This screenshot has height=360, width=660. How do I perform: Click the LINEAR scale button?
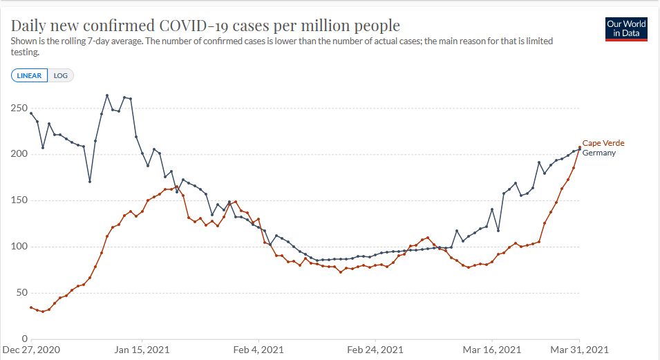tap(29, 76)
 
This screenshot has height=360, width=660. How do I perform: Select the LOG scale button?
tap(61, 76)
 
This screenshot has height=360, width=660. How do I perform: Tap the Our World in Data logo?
tap(626, 28)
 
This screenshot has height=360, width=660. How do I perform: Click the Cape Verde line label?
tap(603, 143)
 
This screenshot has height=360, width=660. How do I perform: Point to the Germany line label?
tap(599, 153)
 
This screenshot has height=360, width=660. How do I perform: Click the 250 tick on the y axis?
tap(19, 109)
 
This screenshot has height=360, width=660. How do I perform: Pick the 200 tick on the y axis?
tap(19, 154)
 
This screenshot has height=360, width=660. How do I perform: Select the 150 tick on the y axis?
tap(19, 200)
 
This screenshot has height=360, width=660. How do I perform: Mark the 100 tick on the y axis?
tap(19, 247)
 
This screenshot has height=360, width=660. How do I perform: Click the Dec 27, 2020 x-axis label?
tap(31, 350)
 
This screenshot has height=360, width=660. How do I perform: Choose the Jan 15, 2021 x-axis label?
tap(142, 350)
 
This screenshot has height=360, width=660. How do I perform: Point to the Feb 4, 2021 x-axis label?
tap(259, 350)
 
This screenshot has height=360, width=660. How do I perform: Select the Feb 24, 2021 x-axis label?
tap(376, 350)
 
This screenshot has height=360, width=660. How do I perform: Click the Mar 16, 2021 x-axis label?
tap(492, 350)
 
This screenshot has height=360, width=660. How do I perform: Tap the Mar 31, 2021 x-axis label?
tap(580, 350)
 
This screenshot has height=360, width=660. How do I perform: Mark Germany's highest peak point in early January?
tap(107, 95)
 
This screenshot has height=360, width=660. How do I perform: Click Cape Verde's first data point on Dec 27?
tap(31, 307)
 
